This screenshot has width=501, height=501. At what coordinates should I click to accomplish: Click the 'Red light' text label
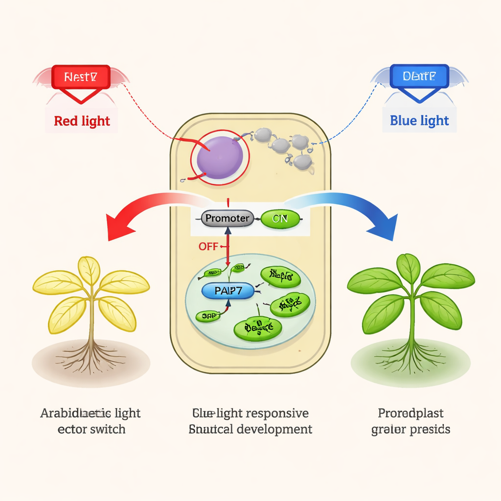[x=82, y=120]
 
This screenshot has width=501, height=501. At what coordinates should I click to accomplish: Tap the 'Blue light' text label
[x=419, y=120]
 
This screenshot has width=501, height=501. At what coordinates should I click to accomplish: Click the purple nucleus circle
[x=220, y=158]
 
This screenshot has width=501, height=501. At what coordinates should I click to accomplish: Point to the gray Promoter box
[x=228, y=219]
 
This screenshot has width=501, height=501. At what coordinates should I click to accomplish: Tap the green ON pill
[x=280, y=219]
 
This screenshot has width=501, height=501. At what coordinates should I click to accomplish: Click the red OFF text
[x=208, y=246]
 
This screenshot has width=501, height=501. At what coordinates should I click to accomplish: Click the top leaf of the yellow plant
[x=89, y=271]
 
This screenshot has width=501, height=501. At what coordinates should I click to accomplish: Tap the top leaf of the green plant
[x=408, y=269]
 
